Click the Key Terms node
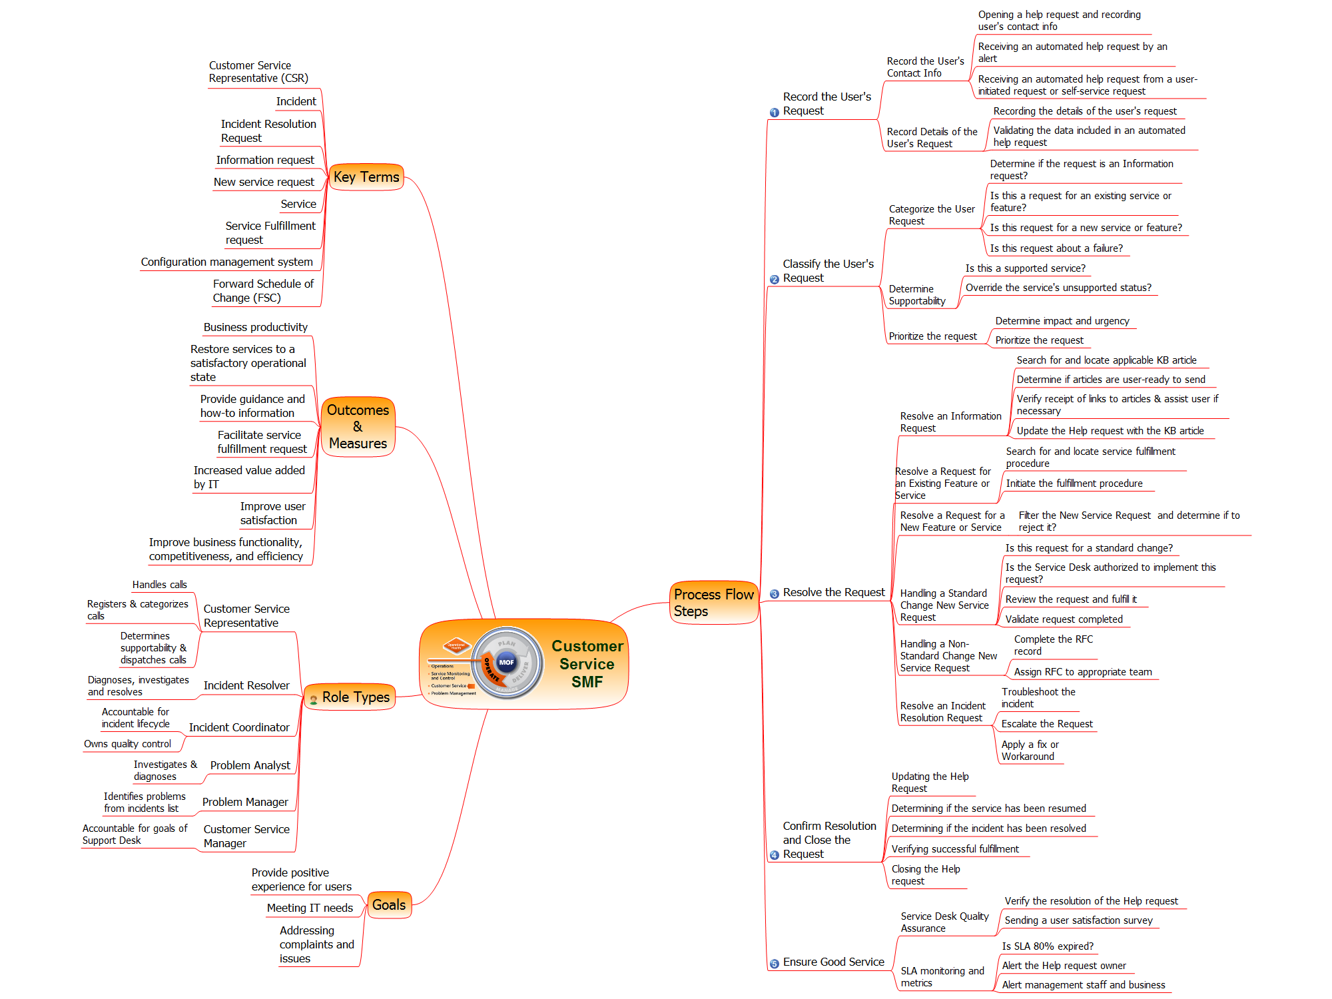[366, 177]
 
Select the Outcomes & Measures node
[358, 427]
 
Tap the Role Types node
[356, 697]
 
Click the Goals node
[389, 905]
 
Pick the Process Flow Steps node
[713, 603]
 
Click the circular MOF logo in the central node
[507, 662]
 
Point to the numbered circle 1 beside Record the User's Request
[774, 113]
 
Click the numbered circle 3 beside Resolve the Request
[774, 594]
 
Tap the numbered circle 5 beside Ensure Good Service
[774, 964]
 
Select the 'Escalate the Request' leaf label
[1047, 724]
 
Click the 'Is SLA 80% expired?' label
[1048, 946]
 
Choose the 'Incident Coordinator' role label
[239, 727]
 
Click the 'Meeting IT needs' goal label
[310, 908]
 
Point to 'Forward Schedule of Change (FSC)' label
[263, 291]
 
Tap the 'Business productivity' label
[256, 327]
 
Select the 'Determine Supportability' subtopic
[917, 295]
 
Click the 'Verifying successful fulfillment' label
[955, 849]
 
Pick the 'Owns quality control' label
[127, 744]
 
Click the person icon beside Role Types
[314, 699]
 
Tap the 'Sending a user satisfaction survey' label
[1078, 920]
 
